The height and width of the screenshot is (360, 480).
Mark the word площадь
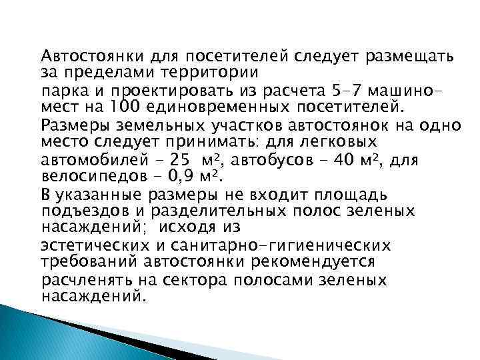pyautogui.click(x=359, y=195)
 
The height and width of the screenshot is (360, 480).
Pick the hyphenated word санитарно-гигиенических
pyautogui.click(x=283, y=246)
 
